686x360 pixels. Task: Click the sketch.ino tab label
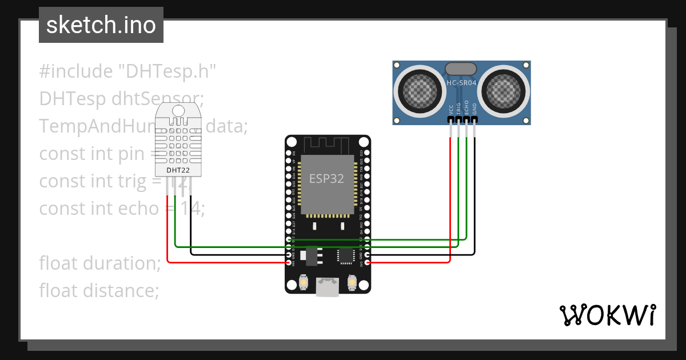(101, 25)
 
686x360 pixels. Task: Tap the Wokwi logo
(607, 315)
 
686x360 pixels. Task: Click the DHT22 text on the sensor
(178, 170)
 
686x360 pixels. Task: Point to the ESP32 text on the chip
(327, 178)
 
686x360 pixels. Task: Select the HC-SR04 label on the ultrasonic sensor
(461, 83)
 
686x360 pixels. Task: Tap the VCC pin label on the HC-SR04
(451, 110)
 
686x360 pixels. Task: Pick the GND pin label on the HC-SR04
(474, 110)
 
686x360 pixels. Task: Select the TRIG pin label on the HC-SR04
(458, 110)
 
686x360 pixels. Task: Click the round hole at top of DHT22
(178, 110)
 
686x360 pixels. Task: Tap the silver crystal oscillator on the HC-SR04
(461, 69)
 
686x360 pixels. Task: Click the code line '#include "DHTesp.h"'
(128, 71)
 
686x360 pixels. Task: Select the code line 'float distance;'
(99, 290)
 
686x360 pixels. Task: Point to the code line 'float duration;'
(100, 263)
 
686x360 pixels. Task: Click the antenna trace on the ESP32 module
(328, 144)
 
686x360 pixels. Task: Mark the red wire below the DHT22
(167, 229)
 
